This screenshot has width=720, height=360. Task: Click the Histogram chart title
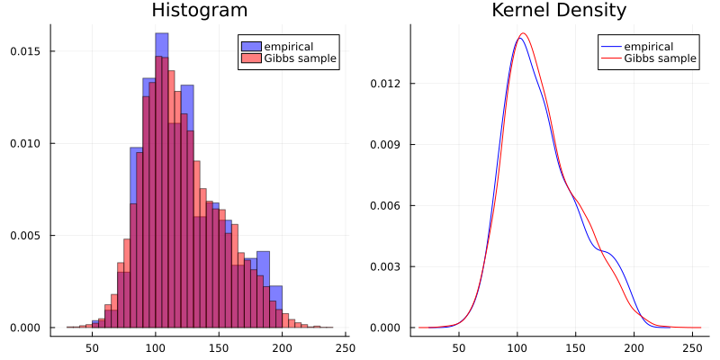pyautogui.click(x=200, y=11)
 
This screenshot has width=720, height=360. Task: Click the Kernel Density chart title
pyautogui.click(x=559, y=11)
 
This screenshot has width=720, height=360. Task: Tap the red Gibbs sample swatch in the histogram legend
pyautogui.click(x=251, y=59)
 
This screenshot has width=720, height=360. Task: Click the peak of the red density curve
pyautogui.click(x=523, y=33)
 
